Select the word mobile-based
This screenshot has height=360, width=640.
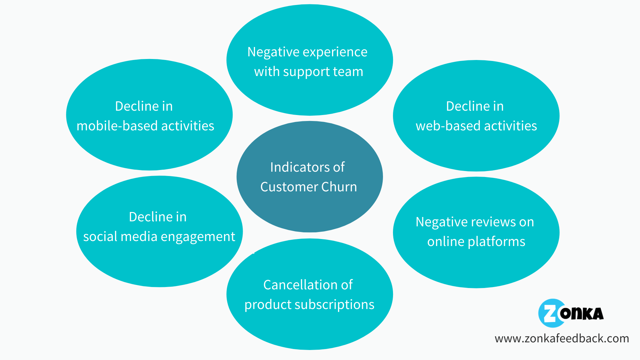tap(117, 126)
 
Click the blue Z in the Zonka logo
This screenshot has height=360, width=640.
tap(550, 313)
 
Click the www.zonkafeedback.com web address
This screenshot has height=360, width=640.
tap(562, 339)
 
